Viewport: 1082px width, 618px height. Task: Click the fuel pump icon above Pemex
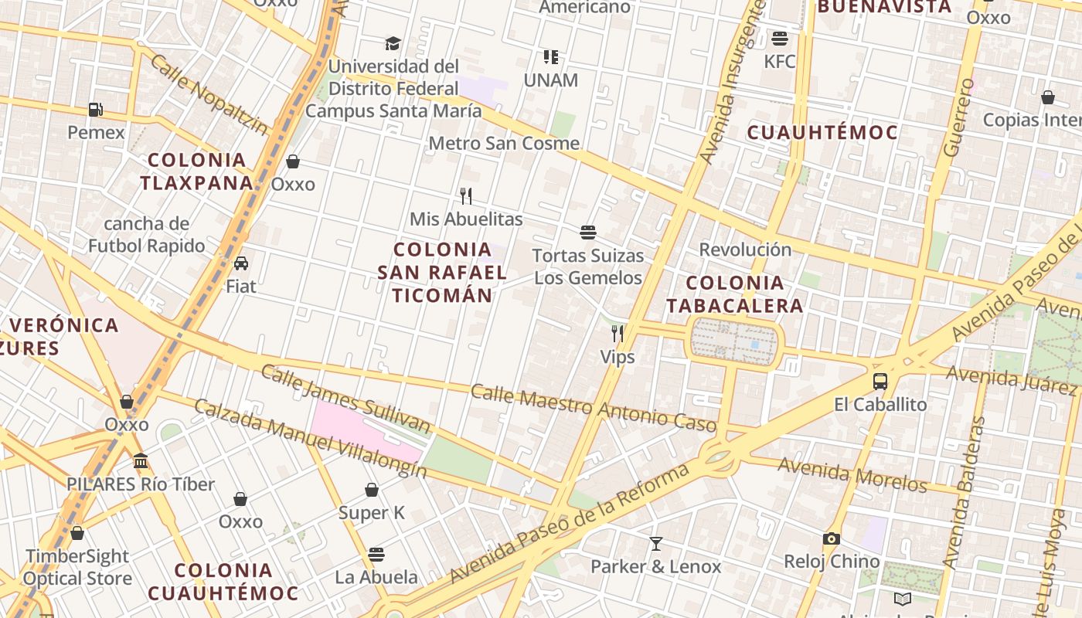tap(95, 110)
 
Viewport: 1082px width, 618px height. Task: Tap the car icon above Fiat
tap(241, 263)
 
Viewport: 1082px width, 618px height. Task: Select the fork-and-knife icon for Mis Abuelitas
tap(465, 195)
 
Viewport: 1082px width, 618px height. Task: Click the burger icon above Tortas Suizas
tap(588, 232)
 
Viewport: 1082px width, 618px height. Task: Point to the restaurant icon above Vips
tap(618, 334)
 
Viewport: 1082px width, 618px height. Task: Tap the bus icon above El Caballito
tap(880, 381)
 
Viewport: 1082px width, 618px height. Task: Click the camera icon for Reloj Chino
tap(832, 538)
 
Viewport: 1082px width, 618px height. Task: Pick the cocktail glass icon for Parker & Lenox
tap(656, 544)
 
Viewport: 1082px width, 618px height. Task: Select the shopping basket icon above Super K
tap(372, 490)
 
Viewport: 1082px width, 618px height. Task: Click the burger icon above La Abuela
tap(376, 554)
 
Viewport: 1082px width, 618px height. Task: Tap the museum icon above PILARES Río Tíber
tap(141, 461)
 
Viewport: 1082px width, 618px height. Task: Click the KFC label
tap(779, 61)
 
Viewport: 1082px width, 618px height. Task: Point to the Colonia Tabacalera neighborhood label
tap(735, 294)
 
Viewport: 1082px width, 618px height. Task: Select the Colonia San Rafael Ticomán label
tap(442, 272)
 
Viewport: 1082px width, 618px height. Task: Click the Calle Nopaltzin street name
tap(209, 94)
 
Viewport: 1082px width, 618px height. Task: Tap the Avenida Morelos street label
tap(852, 474)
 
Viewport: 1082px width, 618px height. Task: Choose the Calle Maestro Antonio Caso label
tap(594, 408)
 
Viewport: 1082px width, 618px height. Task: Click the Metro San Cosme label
tap(504, 143)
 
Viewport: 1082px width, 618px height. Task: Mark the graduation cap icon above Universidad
tap(393, 43)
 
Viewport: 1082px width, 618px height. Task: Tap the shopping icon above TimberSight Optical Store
tap(77, 533)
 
